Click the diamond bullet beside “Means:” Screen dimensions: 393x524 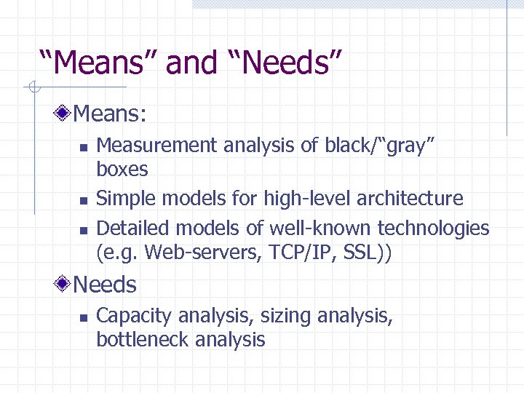click(x=65, y=113)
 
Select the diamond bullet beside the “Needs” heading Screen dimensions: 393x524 click(x=65, y=285)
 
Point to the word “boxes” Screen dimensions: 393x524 click(x=122, y=170)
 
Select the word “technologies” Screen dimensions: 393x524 click(x=431, y=228)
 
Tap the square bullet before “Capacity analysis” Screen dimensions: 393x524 click(x=83, y=317)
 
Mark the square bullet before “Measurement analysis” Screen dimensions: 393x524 click(x=83, y=147)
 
